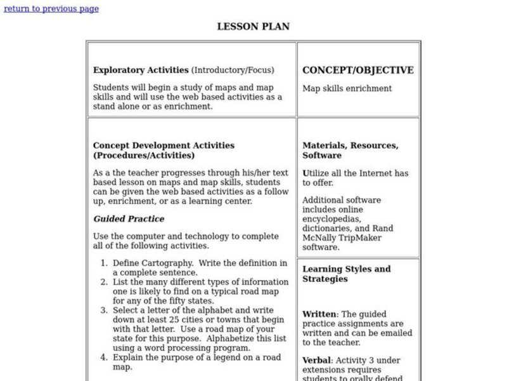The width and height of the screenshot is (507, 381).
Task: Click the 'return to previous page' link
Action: (x=51, y=9)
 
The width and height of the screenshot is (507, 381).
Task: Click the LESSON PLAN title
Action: (x=253, y=27)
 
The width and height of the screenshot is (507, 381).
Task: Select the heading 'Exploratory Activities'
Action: (x=141, y=70)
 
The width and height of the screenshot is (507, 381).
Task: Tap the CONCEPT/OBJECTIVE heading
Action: (x=357, y=70)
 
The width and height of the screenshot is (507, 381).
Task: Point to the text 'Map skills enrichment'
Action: (x=347, y=88)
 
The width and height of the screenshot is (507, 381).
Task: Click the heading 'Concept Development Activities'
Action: (x=164, y=145)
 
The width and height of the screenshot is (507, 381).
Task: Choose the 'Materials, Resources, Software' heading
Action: (x=350, y=150)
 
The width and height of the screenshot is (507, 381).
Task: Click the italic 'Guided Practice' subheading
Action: (x=129, y=219)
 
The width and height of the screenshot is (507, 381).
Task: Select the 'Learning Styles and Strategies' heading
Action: (x=346, y=274)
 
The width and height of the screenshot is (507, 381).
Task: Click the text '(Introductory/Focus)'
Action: (x=233, y=70)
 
